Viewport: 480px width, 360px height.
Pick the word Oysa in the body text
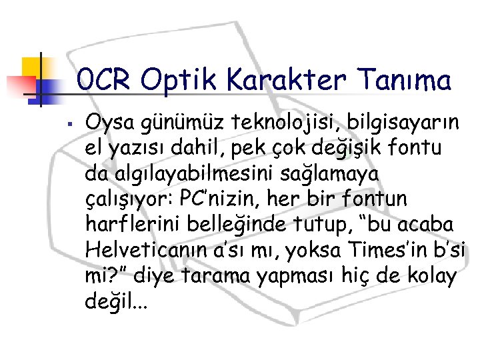[x=109, y=123]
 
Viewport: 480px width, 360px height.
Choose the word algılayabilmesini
[x=181, y=173]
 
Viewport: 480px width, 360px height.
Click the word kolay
[x=433, y=275]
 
